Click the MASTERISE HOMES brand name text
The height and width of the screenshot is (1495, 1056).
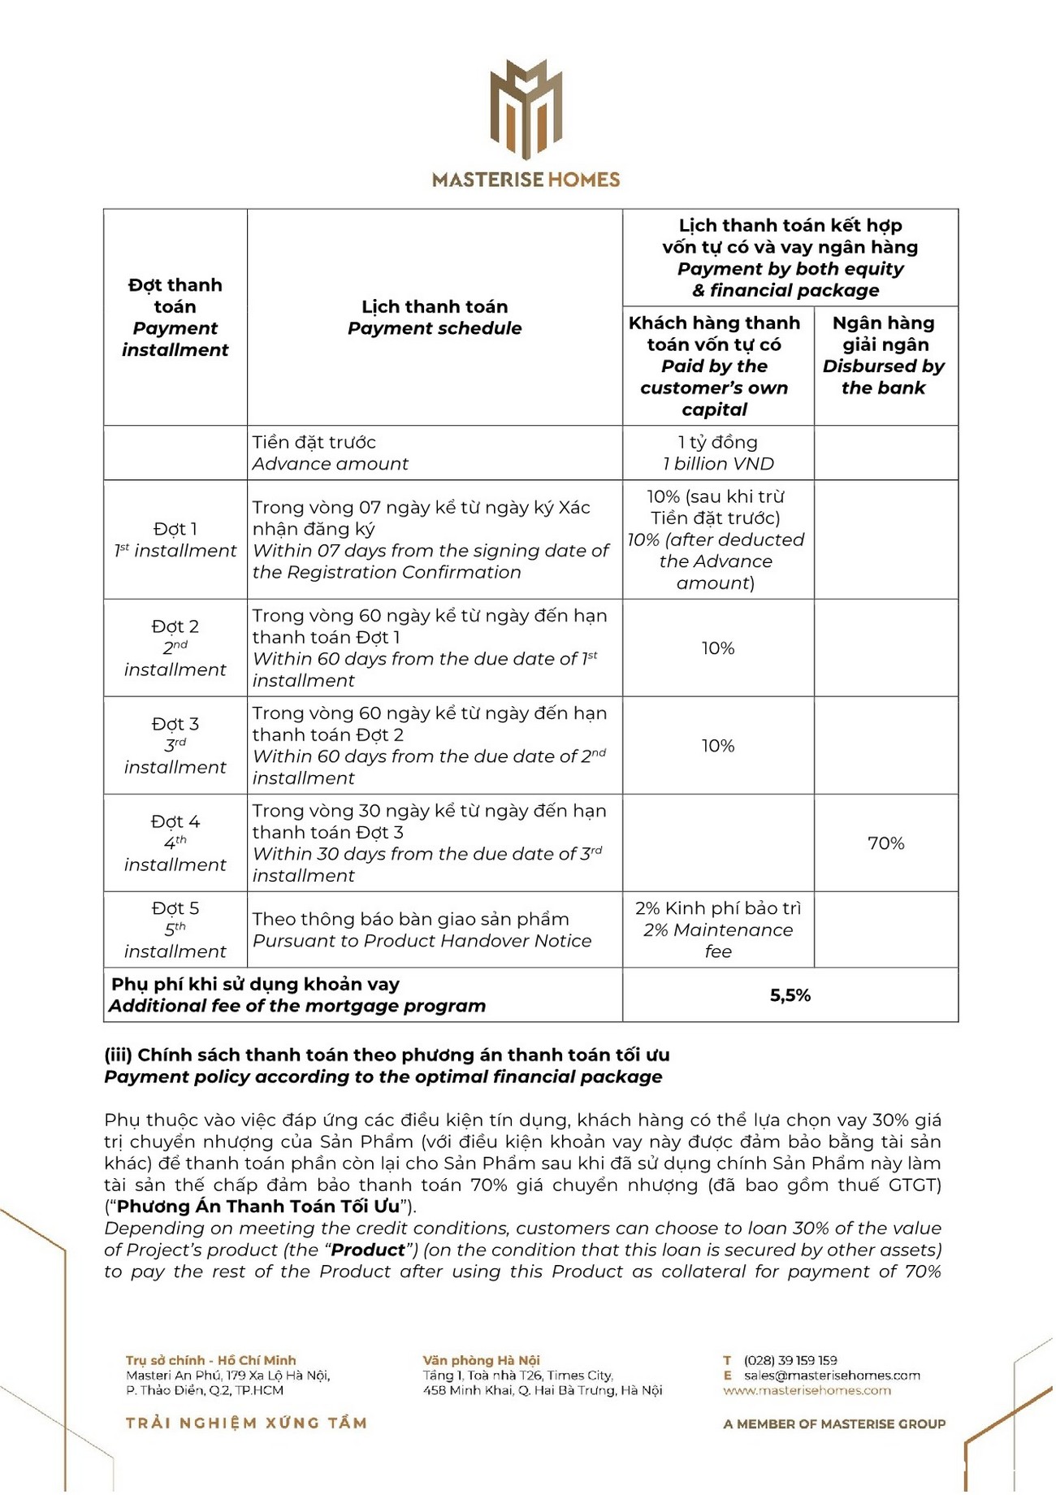pos(526,180)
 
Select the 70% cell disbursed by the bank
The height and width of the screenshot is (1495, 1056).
pos(885,843)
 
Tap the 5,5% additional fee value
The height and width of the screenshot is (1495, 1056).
pos(790,995)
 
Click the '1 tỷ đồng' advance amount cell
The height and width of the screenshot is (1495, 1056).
pos(718,453)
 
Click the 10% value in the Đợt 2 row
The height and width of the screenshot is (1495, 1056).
pos(718,648)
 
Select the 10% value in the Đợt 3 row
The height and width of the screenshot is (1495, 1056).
pos(718,746)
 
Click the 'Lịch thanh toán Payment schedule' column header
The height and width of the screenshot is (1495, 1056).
pos(435,318)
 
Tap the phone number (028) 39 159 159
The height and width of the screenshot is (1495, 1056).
pos(790,1360)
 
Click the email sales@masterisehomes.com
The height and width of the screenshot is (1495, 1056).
pos(832,1376)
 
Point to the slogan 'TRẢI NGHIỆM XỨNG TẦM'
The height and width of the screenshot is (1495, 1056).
pos(246,1423)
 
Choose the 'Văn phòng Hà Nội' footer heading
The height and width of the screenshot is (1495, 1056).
pos(481,1360)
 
